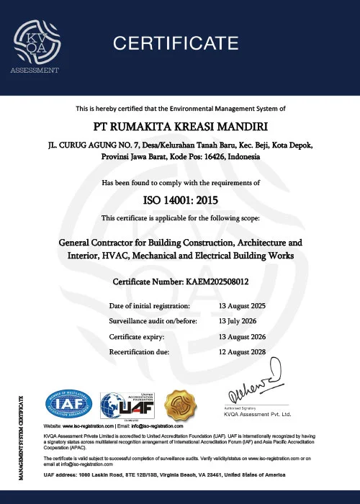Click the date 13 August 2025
click(242, 306)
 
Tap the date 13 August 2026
click(242, 336)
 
